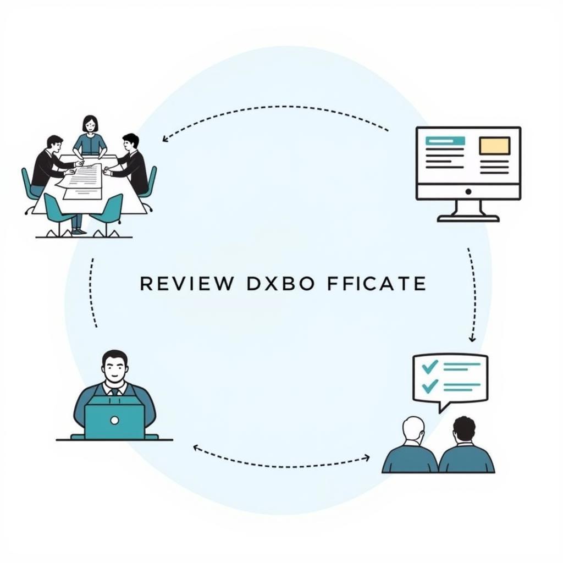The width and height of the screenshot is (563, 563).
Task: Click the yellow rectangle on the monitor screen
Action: click(494, 146)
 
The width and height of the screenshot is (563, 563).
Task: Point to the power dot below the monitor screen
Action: click(468, 191)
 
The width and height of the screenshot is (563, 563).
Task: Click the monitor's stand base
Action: click(468, 218)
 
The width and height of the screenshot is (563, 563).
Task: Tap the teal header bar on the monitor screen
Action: click(445, 141)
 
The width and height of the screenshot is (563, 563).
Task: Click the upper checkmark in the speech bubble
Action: click(429, 366)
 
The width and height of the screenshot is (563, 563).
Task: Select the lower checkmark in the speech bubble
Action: click(428, 385)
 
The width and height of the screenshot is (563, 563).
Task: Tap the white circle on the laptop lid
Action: click(114, 421)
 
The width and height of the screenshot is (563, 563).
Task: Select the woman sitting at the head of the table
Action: click(90, 135)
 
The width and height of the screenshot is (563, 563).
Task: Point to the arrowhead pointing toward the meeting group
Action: click(164, 140)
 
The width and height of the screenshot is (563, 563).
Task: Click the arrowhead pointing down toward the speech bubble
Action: click(472, 338)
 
